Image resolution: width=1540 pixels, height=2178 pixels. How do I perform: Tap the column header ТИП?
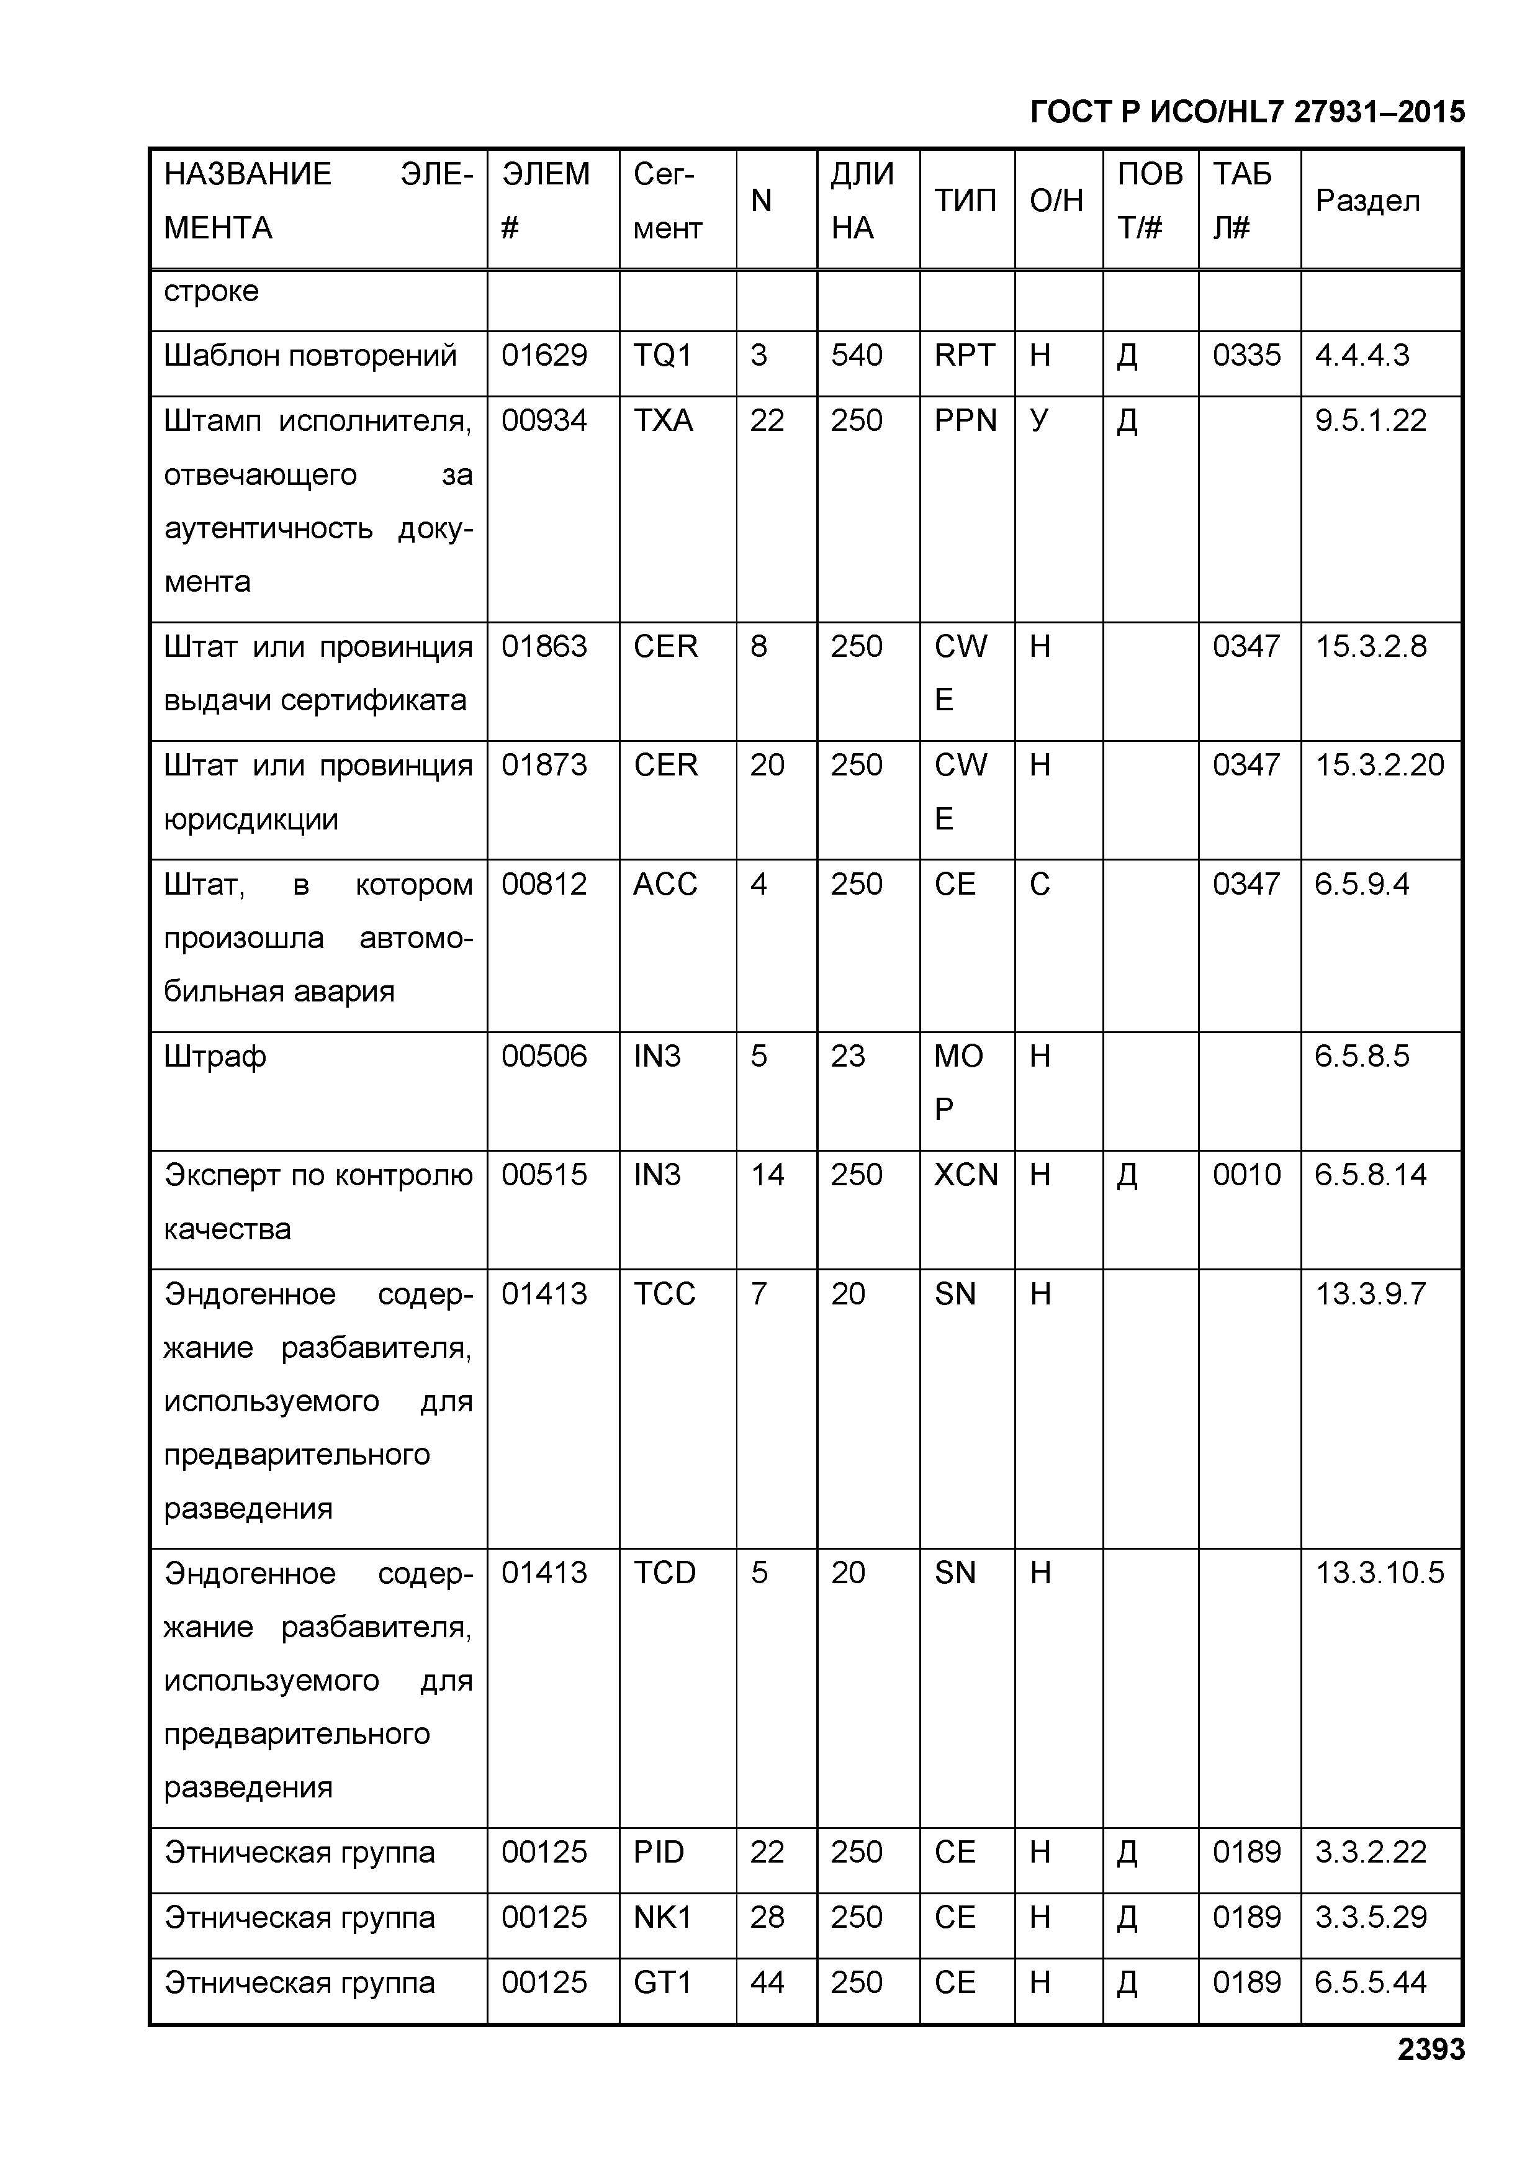click(x=965, y=201)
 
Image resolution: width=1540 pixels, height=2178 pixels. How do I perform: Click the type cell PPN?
click(x=965, y=420)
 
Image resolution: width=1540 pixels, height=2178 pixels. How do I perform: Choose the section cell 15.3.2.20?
click(x=1379, y=766)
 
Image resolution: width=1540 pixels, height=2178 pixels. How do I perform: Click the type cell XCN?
click(x=965, y=1175)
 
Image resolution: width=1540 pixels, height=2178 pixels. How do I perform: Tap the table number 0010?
click(x=1246, y=1175)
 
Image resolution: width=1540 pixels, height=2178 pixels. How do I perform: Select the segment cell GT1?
click(x=662, y=1982)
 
